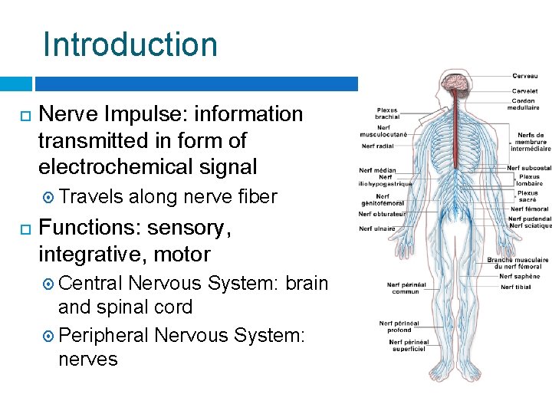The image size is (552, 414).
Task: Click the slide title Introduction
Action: (130, 44)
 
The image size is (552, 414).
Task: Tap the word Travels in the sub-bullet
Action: (90, 197)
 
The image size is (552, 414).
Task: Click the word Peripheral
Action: (103, 335)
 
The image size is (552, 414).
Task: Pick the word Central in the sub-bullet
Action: (90, 283)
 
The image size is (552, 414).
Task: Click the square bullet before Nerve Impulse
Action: (23, 115)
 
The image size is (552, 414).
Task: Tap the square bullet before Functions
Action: (23, 228)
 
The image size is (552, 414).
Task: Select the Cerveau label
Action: (525, 76)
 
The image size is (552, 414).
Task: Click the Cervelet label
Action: (525, 91)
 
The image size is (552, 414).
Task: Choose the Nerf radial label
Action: (378, 146)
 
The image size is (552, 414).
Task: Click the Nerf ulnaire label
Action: (376, 228)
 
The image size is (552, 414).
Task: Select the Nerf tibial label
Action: (516, 287)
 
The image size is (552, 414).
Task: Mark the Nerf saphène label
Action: (520, 276)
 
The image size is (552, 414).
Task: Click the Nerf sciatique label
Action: (530, 225)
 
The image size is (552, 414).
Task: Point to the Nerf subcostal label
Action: (529, 168)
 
